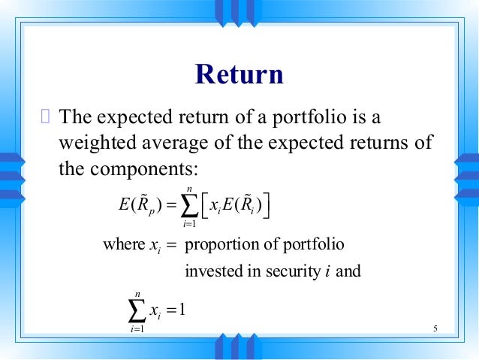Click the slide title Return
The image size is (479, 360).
(x=239, y=75)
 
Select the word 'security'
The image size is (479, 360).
(x=287, y=271)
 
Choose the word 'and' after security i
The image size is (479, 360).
(x=348, y=271)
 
